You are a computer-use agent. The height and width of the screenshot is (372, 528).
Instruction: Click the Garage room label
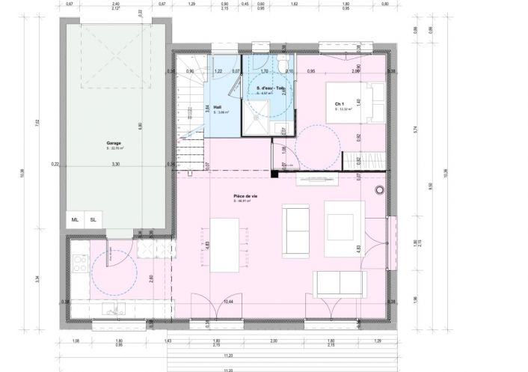(x=114, y=143)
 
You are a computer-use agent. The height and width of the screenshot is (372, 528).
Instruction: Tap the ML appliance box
(x=75, y=220)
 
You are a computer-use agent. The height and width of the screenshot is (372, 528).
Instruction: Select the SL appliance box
(x=93, y=220)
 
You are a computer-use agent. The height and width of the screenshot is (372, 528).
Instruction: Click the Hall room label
(x=218, y=107)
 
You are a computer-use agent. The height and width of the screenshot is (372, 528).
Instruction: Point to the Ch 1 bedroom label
(x=339, y=103)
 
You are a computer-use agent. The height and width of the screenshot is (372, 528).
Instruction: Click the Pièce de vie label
(x=241, y=196)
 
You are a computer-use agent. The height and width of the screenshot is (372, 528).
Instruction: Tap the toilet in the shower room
(x=281, y=65)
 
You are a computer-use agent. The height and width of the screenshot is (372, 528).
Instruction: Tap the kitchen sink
(x=112, y=311)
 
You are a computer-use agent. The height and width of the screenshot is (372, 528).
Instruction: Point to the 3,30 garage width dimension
(x=114, y=163)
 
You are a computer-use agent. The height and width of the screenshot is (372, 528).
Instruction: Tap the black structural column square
(x=274, y=174)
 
